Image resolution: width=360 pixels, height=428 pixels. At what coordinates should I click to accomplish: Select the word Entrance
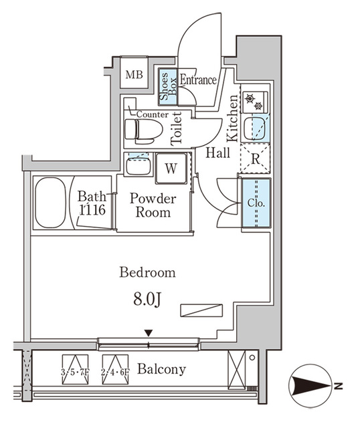[x=198, y=81]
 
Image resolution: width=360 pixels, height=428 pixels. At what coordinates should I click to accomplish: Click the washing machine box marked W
[x=171, y=168]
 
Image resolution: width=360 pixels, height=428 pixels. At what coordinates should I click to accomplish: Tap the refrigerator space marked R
[x=255, y=159]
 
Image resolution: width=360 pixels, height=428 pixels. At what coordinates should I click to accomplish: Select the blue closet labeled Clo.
[x=255, y=203]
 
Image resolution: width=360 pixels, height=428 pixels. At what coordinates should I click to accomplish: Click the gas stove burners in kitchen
[x=254, y=102]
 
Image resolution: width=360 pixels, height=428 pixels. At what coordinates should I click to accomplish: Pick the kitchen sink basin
[x=255, y=128]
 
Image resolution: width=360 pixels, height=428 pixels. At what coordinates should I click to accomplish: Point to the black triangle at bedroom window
[x=149, y=333]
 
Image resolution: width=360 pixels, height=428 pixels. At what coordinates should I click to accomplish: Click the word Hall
[x=217, y=153]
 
